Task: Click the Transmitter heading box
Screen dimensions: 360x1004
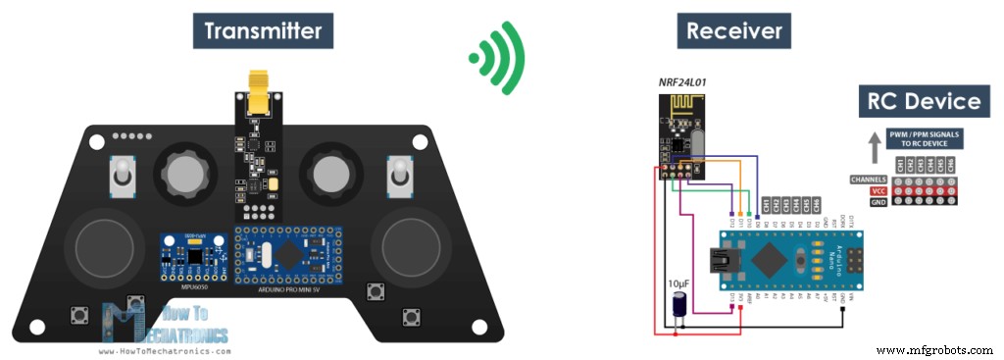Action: point(262,31)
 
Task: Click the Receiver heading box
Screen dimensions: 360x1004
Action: point(734,31)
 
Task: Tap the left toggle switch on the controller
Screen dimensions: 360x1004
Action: point(123,178)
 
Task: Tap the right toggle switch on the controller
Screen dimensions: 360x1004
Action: point(399,178)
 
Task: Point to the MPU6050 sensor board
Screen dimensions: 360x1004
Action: point(193,258)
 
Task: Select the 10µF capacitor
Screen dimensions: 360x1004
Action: point(677,308)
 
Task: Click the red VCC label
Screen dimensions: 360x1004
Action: point(878,190)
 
